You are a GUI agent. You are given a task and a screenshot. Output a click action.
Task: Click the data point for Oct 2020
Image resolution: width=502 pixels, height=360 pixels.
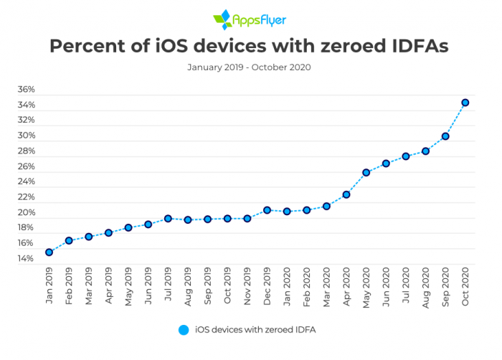[x=465, y=103]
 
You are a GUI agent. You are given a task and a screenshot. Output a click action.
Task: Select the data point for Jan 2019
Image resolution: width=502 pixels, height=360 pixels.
[x=49, y=252]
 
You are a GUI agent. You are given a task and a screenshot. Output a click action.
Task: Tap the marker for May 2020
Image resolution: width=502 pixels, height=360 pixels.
[x=366, y=173]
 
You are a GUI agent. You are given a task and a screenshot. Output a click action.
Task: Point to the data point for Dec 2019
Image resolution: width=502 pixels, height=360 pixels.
[x=267, y=210]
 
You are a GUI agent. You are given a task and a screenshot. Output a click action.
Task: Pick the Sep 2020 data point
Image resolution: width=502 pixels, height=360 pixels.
[x=445, y=136]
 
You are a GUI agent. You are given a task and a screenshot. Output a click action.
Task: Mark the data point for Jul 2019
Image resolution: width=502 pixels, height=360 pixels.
[x=168, y=219]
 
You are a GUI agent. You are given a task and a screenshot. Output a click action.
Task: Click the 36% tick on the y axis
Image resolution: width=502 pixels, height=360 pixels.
[x=26, y=90]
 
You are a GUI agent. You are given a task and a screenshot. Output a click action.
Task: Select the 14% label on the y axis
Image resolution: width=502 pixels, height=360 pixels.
[x=26, y=258]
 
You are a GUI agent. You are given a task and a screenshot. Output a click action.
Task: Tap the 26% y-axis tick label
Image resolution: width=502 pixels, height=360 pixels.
[x=26, y=166]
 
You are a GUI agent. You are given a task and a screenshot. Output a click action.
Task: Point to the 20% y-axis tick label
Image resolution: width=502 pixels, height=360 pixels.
[x=26, y=213]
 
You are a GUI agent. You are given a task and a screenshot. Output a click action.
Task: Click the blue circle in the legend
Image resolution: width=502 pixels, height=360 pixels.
[x=183, y=330]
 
